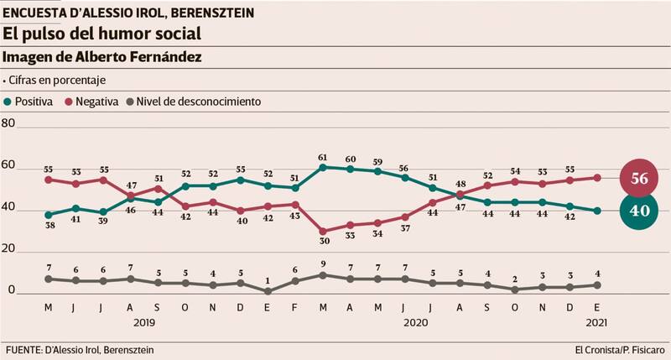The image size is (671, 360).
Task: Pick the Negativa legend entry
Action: tap(95, 102)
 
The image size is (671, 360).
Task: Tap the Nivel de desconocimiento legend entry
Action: tap(194, 102)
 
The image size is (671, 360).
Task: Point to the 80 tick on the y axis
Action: tap(9, 123)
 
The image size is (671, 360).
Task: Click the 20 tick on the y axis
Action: tap(9, 251)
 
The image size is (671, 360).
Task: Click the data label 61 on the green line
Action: tap(322, 157)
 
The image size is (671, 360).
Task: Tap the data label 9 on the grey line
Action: tap(322, 264)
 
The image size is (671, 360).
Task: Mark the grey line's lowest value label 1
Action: tap(268, 280)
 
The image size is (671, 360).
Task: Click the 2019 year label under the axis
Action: tap(143, 322)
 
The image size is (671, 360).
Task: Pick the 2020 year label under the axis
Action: tap(416, 322)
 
